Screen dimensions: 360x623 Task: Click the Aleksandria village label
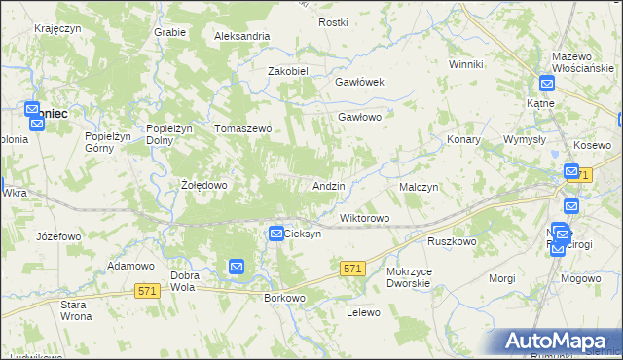[x=241, y=36]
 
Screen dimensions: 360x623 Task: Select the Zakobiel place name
[x=288, y=71]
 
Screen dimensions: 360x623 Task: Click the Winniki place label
[x=466, y=64]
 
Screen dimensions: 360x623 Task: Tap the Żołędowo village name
[x=204, y=184]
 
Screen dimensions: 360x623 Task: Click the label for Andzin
[x=328, y=185]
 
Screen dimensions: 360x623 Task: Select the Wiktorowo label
[x=364, y=218]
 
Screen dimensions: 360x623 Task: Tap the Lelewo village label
[x=362, y=312]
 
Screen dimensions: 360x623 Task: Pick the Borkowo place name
[x=285, y=298]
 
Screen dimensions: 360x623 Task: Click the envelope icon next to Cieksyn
[x=275, y=234]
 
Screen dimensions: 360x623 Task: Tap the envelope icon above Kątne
[x=548, y=85]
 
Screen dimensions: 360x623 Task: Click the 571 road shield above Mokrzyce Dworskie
[x=352, y=268]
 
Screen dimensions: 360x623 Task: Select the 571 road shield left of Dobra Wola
[x=147, y=291]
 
